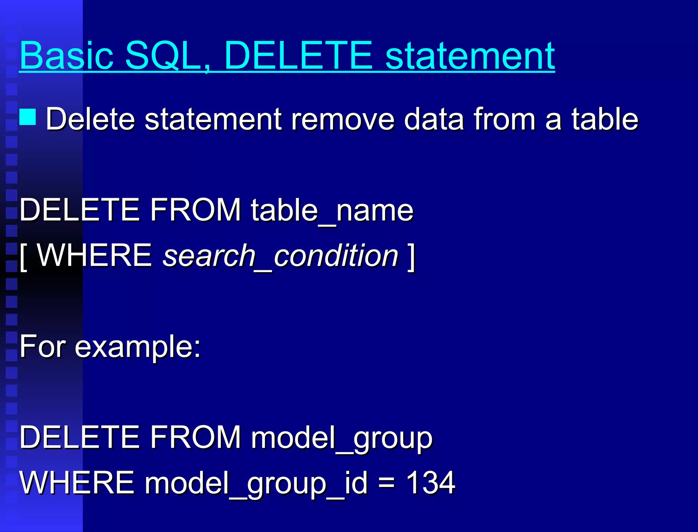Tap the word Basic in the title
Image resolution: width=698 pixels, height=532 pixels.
pos(66,55)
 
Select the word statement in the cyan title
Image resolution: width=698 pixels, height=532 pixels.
pos(470,55)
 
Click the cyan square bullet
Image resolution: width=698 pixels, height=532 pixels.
pos(28,117)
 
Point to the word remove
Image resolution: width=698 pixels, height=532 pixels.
pos(343,119)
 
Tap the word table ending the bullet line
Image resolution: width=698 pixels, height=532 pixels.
pos(605,119)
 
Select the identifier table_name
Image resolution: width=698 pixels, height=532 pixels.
pos(332,210)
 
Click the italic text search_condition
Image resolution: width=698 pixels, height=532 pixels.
pos(280,256)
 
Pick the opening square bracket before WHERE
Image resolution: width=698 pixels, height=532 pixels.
pos(23,257)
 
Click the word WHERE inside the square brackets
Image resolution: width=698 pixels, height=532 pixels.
pos(94,255)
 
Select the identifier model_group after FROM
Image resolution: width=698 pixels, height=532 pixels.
pos(342,438)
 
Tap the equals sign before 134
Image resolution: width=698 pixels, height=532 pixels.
pos(387,483)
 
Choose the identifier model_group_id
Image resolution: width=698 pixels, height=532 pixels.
pos(256,483)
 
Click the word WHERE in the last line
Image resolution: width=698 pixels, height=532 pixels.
pos(77,483)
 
